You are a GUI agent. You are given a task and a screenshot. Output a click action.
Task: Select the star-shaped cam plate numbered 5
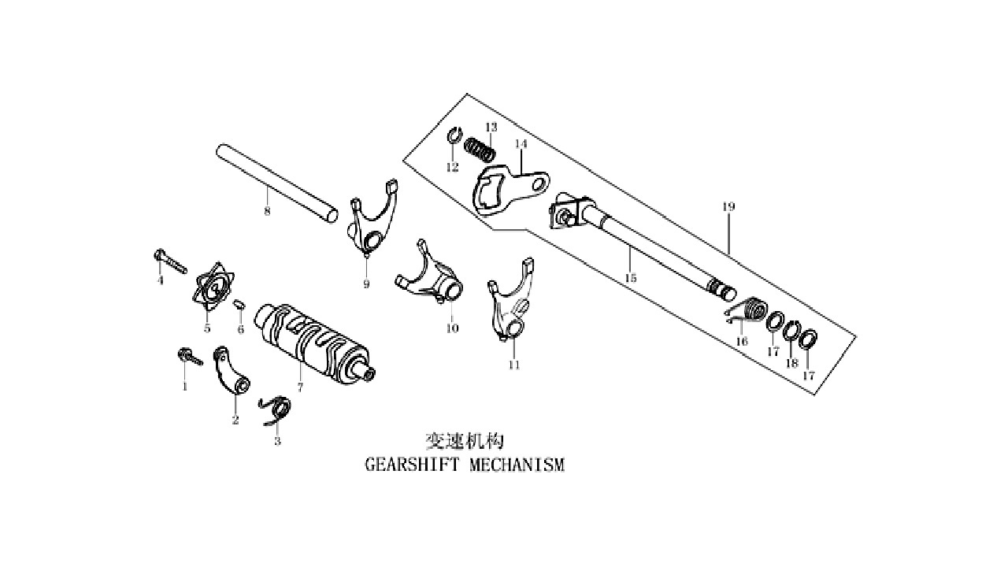tap(213, 286)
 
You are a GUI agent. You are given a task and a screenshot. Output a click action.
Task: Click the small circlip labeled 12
tap(455, 134)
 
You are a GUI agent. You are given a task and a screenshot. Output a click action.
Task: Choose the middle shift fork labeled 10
tap(430, 276)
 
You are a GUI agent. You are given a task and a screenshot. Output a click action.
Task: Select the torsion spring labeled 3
tap(276, 410)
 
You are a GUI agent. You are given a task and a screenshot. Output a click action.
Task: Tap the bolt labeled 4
tap(169, 261)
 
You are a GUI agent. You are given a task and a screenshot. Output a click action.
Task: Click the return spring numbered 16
tap(746, 311)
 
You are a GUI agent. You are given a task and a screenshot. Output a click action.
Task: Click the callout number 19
tap(728, 206)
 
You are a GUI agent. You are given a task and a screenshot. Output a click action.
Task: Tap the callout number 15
tap(631, 278)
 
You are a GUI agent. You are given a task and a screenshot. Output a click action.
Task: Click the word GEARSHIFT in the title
tap(413, 465)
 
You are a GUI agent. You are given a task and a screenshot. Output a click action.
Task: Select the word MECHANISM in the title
tap(517, 465)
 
